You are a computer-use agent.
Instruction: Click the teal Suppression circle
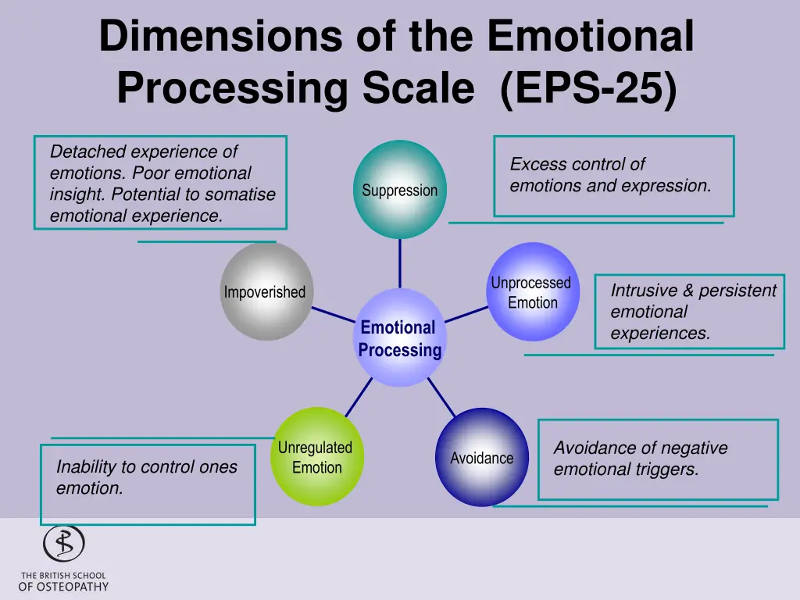point(400,189)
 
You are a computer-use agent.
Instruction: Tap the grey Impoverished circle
point(266,291)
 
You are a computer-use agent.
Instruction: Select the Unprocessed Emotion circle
point(533,291)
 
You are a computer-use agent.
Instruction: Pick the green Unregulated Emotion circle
point(317,456)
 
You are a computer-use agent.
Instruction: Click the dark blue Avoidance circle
point(482,457)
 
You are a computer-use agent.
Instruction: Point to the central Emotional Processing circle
point(400,337)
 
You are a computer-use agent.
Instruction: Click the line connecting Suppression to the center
point(400,264)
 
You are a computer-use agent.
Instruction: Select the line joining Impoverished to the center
point(333,314)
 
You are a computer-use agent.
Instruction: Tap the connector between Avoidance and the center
point(441,398)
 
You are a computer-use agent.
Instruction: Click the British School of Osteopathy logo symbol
point(64,544)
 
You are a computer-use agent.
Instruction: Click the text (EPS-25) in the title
point(589,87)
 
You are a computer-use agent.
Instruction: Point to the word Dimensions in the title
point(220,36)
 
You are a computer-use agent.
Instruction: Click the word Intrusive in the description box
point(645,291)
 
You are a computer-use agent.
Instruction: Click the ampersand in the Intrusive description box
point(688,291)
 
